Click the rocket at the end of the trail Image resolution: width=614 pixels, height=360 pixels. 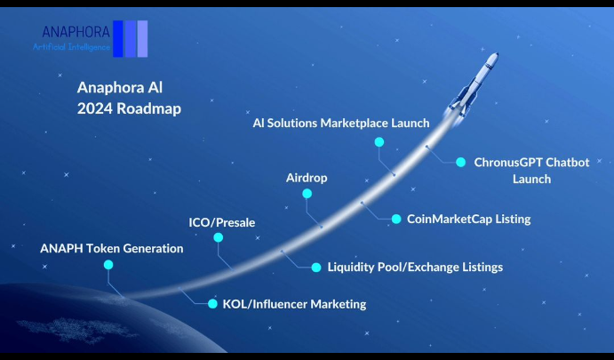tap(473, 85)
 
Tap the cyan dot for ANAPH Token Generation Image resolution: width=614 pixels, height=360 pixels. tap(108, 265)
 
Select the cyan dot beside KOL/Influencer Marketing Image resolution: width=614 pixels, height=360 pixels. tap(212, 304)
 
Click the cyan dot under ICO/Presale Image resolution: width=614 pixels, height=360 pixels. tap(218, 237)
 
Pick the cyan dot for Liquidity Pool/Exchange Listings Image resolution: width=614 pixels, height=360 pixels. tap(316, 268)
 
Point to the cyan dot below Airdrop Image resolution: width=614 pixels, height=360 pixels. tap(307, 194)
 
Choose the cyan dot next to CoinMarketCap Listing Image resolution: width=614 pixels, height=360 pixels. tap(396, 219)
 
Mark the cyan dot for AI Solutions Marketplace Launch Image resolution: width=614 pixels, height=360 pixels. tap(379, 142)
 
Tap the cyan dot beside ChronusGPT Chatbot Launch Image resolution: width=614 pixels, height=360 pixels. tap(461, 162)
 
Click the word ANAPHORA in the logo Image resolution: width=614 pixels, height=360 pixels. tap(76, 32)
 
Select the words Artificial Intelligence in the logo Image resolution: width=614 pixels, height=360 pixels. tap(71, 47)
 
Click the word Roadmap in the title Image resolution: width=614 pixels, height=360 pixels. tap(148, 108)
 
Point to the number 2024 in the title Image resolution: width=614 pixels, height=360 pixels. tap(94, 108)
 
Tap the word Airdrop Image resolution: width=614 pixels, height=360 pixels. tap(307, 178)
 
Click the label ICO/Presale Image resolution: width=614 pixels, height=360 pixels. tap(221, 222)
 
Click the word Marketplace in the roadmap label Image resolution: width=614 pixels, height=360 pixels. tap(348, 123)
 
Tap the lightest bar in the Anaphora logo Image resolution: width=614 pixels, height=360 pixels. tap(142, 39)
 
